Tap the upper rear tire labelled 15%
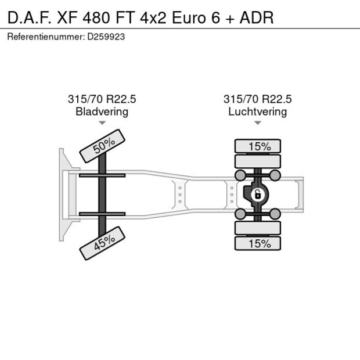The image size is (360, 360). coord(257,146)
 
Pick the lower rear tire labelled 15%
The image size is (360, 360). coord(257,244)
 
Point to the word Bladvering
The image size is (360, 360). coord(102,111)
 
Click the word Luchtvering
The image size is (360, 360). coord(257,111)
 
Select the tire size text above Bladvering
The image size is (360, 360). coord(102,99)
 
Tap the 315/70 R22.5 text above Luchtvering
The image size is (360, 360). coord(257,99)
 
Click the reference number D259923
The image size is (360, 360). coord(107,36)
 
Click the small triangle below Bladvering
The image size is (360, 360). coord(102,123)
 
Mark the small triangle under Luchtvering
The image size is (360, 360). coord(257,123)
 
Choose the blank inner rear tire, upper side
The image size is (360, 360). coord(257,161)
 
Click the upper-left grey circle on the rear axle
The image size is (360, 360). coord(239,175)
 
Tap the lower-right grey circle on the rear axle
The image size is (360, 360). coord(276,214)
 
